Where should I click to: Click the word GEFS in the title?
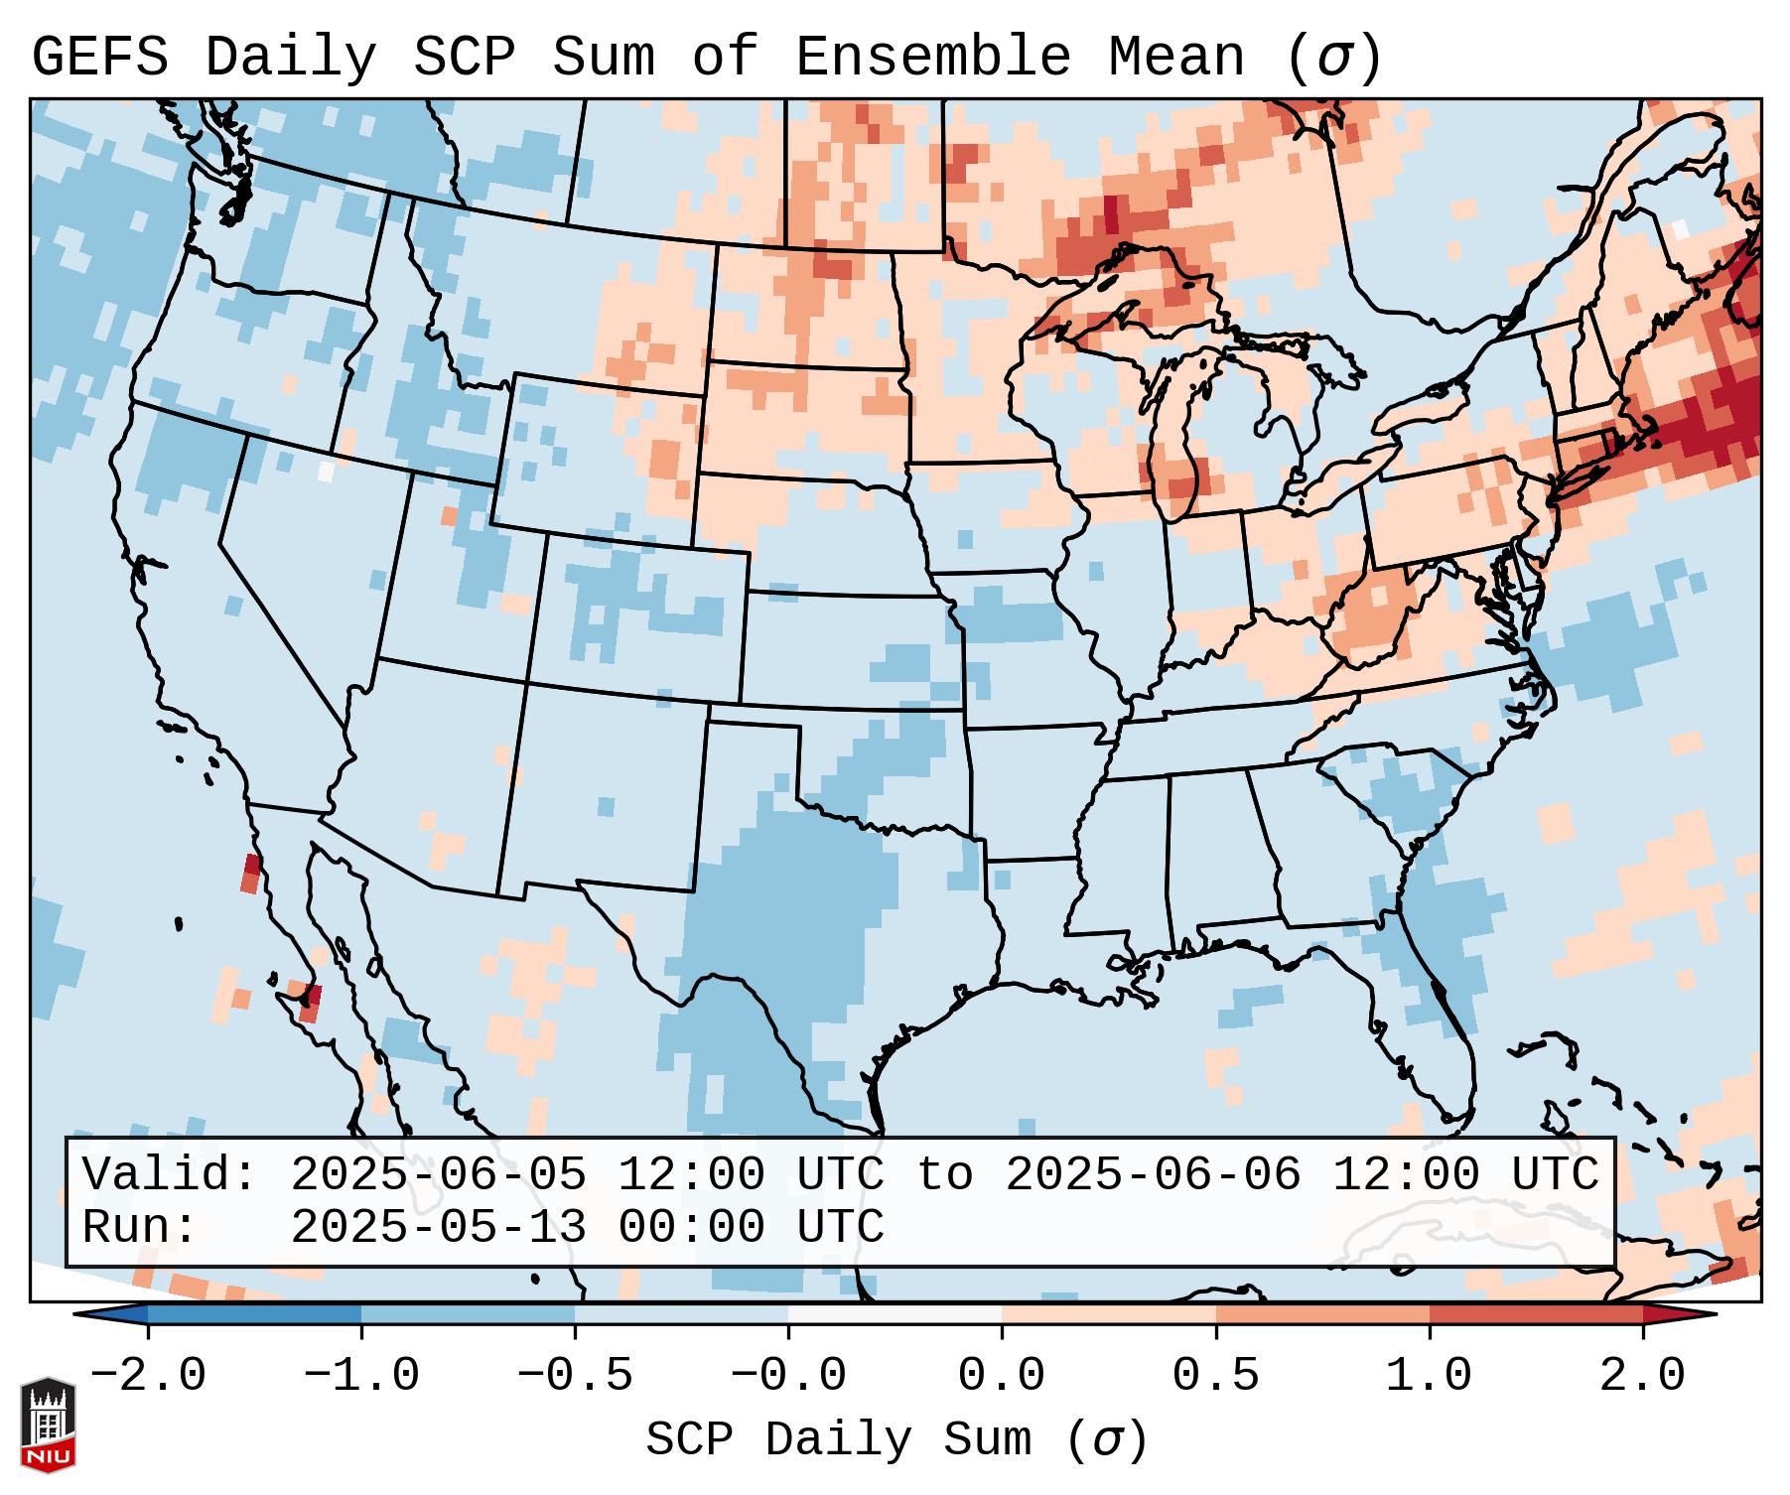pyautogui.click(x=100, y=58)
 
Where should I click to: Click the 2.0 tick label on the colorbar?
pyautogui.click(x=1642, y=1376)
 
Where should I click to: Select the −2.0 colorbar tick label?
pyautogui.click(x=148, y=1376)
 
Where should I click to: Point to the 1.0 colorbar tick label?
pyautogui.click(x=1429, y=1376)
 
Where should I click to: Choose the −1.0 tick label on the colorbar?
pyautogui.click(x=361, y=1376)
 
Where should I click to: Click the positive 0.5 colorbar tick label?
pyautogui.click(x=1215, y=1376)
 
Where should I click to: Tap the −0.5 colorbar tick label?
pyautogui.click(x=575, y=1376)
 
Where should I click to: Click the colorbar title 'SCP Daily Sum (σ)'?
pyautogui.click(x=896, y=1439)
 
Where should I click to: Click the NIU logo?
pyautogui.click(x=48, y=1425)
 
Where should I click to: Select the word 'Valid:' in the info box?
pyautogui.click(x=170, y=1175)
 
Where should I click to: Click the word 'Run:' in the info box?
pyautogui.click(x=140, y=1228)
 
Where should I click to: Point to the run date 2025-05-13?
pyautogui.click(x=438, y=1228)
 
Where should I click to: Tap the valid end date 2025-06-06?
pyautogui.click(x=1153, y=1175)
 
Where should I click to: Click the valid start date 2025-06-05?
pyautogui.click(x=438, y=1175)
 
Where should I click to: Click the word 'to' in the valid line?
pyautogui.click(x=944, y=1175)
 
